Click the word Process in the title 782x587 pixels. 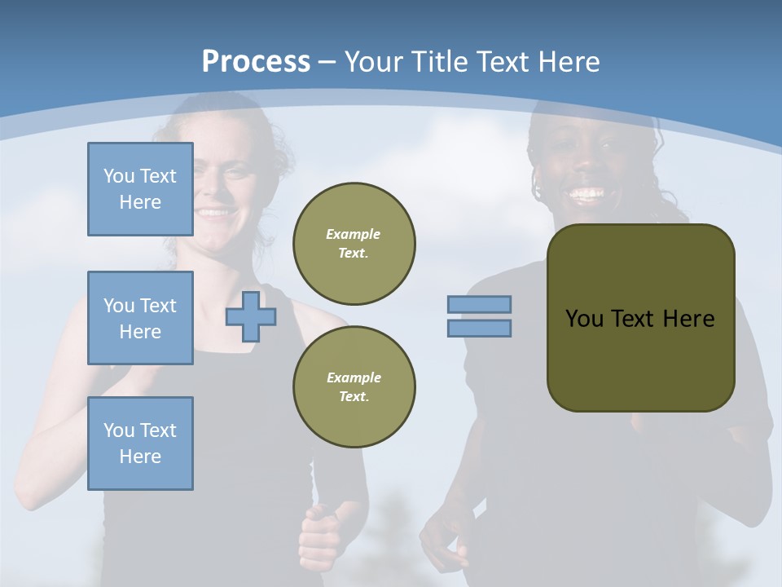pyautogui.click(x=256, y=62)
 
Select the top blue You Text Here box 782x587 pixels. pyautogui.click(x=140, y=189)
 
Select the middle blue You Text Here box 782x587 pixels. pyautogui.click(x=140, y=318)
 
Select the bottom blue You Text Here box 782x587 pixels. pyautogui.click(x=140, y=444)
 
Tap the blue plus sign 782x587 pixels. pyautogui.click(x=250, y=317)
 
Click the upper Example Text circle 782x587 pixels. pyautogui.click(x=354, y=244)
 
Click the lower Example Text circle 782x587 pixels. pyautogui.click(x=354, y=387)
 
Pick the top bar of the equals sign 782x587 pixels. pyautogui.click(x=479, y=305)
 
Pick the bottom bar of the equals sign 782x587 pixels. pyautogui.click(x=479, y=329)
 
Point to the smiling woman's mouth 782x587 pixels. pyautogui.click(x=214, y=214)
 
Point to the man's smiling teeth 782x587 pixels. pyautogui.click(x=587, y=195)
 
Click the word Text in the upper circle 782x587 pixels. pyautogui.click(x=354, y=254)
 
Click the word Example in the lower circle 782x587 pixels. pyautogui.click(x=354, y=377)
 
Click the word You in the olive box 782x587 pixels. pyautogui.click(x=583, y=319)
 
